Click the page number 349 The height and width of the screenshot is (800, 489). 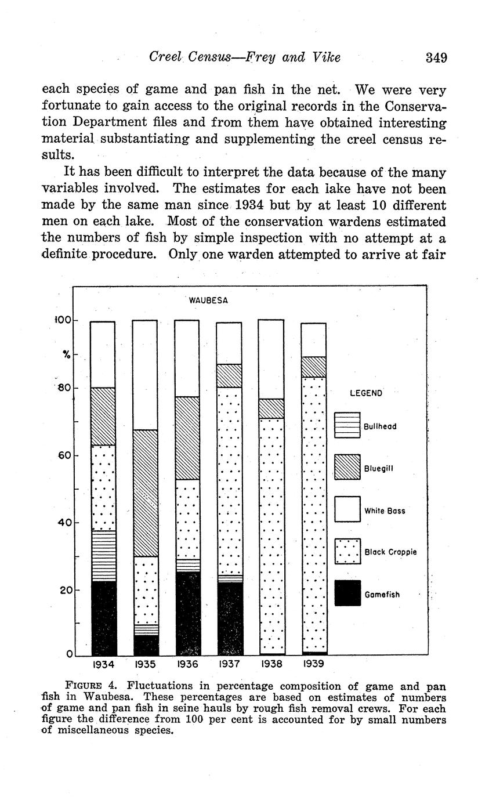tap(436, 57)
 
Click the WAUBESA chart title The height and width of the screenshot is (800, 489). tap(208, 301)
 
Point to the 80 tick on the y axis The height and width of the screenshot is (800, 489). tap(63, 388)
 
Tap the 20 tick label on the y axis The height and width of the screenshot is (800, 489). tap(64, 590)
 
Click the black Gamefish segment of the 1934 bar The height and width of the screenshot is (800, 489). tap(104, 618)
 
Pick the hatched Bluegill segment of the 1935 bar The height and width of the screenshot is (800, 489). tap(145, 493)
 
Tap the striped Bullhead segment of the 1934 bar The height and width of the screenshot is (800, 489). tap(104, 556)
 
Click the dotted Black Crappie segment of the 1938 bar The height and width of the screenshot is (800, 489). tap(271, 534)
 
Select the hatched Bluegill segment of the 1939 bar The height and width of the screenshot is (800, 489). tap(313, 367)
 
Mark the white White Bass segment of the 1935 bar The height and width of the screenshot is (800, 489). tap(145, 374)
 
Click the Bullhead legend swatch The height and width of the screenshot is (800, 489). tap(347, 425)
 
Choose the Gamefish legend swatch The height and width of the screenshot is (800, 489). tap(347, 593)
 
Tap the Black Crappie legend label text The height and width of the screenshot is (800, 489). tap(390, 552)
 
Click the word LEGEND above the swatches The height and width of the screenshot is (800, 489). tap(366, 393)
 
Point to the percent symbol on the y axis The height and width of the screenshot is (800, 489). tap(67, 354)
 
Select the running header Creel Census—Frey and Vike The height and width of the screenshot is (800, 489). tap(244, 57)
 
